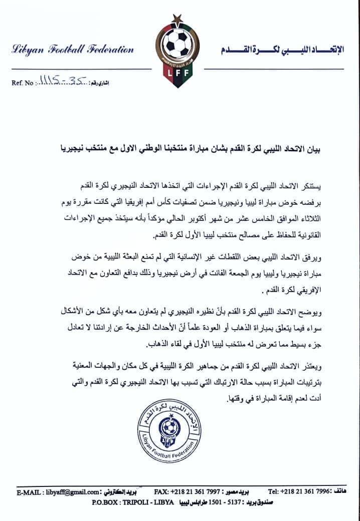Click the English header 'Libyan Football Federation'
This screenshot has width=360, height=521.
click(73, 50)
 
